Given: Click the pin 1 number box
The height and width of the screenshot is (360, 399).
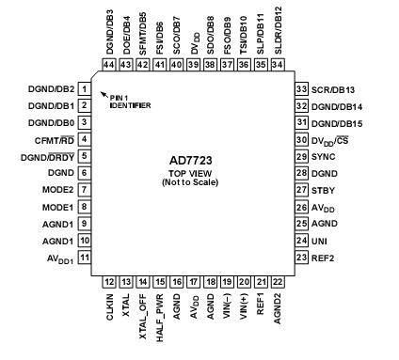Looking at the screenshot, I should [85, 89].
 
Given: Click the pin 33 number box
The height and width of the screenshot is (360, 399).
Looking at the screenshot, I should [302, 89].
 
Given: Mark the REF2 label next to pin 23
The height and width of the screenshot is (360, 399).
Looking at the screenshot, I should [326, 257].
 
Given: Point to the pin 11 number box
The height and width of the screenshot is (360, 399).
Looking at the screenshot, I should [85, 257].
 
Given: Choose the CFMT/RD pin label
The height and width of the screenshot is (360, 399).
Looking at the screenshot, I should [54, 139].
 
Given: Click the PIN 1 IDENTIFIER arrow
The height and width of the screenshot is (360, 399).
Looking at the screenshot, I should [104, 92].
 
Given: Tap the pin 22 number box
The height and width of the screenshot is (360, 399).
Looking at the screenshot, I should [278, 281].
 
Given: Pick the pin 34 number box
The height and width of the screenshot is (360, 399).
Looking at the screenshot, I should [278, 65].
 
